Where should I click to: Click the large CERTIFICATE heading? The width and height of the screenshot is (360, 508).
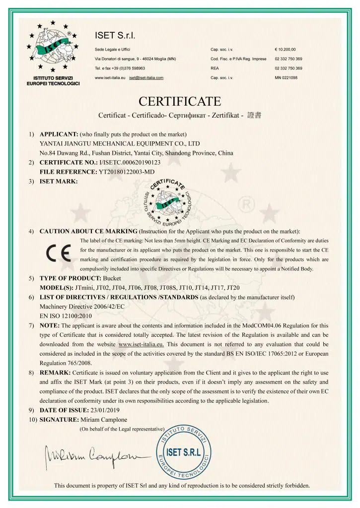pyautogui.click(x=180, y=102)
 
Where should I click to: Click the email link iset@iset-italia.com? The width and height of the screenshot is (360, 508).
pyautogui.click(x=146, y=78)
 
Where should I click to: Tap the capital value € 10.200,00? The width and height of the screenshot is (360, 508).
pyautogui.click(x=286, y=50)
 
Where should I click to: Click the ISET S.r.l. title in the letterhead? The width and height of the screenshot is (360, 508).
pyautogui.click(x=115, y=35)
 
